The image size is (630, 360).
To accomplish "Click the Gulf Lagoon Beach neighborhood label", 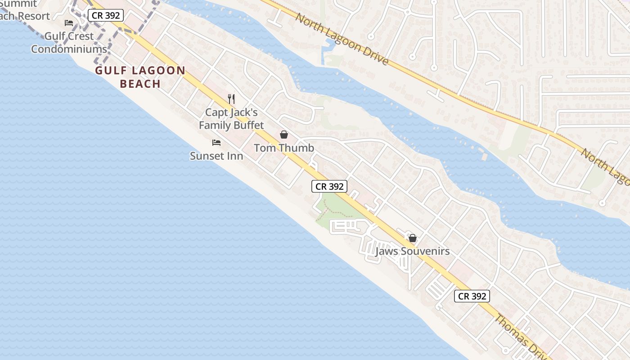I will tap(140, 77).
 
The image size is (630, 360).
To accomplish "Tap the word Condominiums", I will tap(69, 49).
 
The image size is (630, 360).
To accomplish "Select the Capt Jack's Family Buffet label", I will tap(231, 118).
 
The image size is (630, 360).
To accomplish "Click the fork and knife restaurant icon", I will tap(231, 99).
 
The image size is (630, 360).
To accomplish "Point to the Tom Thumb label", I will tap(284, 148).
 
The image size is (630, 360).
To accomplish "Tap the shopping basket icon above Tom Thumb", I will tap(284, 134).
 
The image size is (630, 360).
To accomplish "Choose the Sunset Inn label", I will tap(216, 156).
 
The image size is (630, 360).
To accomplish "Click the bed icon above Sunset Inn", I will tap(216, 143).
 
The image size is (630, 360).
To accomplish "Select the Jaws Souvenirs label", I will tap(412, 251).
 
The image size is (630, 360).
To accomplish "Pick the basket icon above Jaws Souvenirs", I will tap(412, 238).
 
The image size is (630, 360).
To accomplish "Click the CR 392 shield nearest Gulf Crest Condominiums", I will tap(105, 15).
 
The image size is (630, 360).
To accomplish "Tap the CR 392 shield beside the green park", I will tap(329, 186).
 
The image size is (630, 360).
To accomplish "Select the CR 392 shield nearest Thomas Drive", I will tap(472, 296).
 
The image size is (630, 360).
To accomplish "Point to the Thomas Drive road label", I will tap(520, 335).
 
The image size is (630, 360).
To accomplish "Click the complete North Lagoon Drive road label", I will tap(342, 39).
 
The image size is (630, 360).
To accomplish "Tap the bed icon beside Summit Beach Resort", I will tap(69, 22).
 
